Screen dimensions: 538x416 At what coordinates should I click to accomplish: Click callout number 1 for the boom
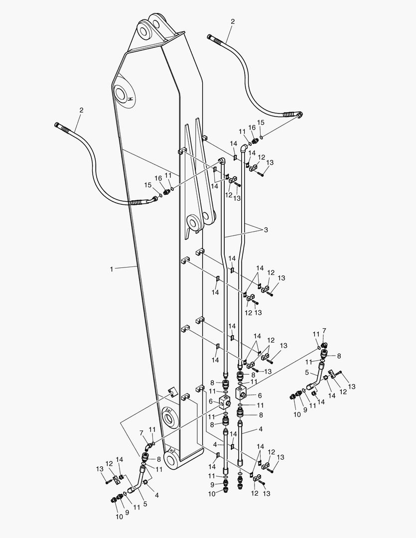point(112,269)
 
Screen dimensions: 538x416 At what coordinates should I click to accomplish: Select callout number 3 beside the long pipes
point(266,230)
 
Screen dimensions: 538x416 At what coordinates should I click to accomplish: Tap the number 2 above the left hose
point(81,110)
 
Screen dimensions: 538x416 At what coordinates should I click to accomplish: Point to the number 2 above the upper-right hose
point(232,21)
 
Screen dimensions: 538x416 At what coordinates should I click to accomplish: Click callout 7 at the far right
point(324,331)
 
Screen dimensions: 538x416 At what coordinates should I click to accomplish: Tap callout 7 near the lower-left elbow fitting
point(141,433)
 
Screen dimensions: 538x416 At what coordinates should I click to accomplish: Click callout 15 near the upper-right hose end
point(261,123)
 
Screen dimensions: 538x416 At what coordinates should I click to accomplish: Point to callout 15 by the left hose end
point(147,185)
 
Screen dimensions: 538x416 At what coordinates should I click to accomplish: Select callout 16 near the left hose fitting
point(158,178)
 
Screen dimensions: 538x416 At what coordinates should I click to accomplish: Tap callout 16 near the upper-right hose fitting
point(252,128)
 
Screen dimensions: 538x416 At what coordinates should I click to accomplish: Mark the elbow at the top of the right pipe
point(243,148)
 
